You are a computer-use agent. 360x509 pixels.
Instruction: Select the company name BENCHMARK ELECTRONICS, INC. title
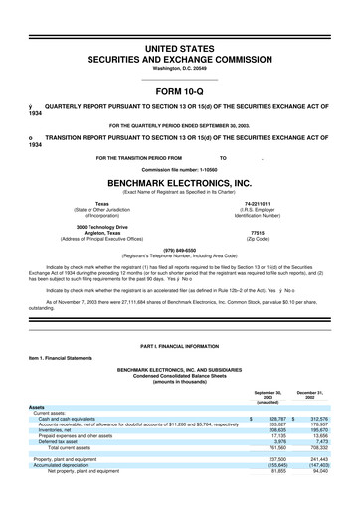[179, 184]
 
